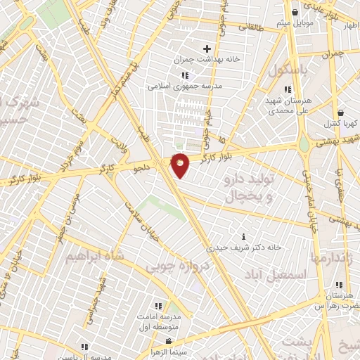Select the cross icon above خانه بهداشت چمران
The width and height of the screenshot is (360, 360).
coord(207,49)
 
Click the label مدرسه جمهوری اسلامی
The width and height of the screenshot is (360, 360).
coord(184,86)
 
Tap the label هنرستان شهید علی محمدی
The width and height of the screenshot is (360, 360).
coord(287,105)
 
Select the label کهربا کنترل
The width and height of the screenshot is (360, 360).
coord(340,123)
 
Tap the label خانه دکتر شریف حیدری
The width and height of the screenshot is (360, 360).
coord(243,247)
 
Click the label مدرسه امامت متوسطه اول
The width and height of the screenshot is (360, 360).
coord(158,323)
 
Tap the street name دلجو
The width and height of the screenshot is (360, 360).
coord(143,168)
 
